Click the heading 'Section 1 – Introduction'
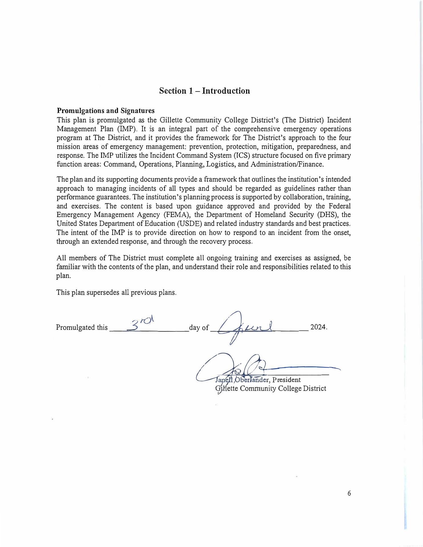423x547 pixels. pos(204,91)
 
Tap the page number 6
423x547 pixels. pos(349,493)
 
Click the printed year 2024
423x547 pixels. pos(318,327)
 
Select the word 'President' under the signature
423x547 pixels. pos(286,380)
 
